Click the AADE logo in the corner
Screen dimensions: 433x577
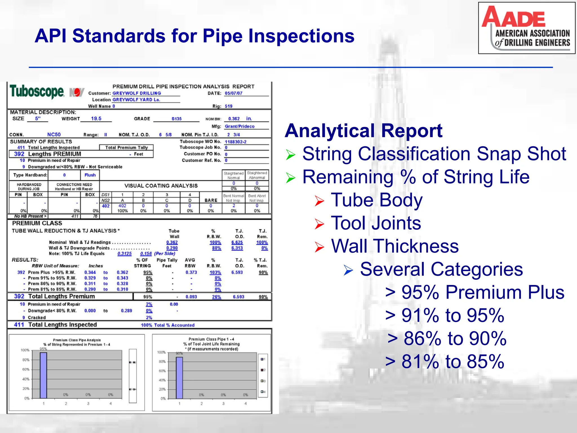coord(526,28)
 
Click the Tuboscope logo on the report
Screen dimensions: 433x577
coord(37,92)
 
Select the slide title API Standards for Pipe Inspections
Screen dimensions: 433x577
coord(194,36)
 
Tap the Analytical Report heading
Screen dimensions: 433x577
coord(363,131)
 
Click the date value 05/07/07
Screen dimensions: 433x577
coord(233,93)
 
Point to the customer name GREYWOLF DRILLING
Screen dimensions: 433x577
coord(137,93)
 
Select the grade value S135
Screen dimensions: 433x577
coord(176,119)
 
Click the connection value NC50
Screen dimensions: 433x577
coord(54,135)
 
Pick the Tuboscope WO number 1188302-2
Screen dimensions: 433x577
coord(235,142)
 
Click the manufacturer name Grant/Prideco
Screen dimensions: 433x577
coord(239,127)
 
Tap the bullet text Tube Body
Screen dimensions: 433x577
coord(377,200)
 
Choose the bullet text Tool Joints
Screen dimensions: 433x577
coord(376,223)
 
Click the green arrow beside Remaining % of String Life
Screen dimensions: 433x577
coord(290,178)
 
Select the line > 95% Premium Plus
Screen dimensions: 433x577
coord(475,292)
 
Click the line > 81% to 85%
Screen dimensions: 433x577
coord(445,361)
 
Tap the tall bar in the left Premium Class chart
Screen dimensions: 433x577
coord(43,375)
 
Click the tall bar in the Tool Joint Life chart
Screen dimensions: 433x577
coord(179,378)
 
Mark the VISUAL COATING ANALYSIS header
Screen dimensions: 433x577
coord(161,186)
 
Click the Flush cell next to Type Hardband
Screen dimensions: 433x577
coord(90,175)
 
